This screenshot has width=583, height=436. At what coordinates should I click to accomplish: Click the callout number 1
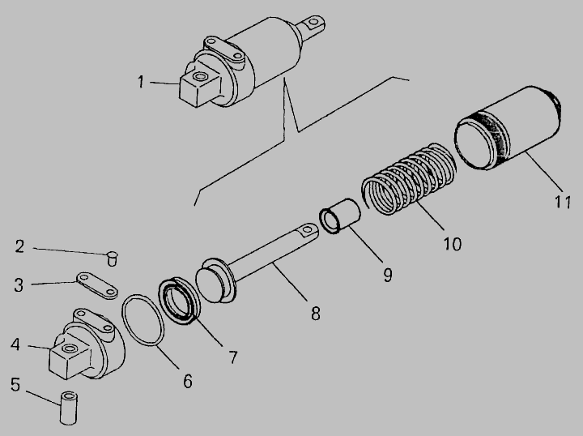pyautogui.click(x=141, y=82)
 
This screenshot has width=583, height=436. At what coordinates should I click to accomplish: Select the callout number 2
pyautogui.click(x=19, y=246)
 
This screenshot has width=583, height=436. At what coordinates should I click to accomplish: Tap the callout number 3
pyautogui.click(x=19, y=285)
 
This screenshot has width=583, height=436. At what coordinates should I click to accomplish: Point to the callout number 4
pyautogui.click(x=15, y=344)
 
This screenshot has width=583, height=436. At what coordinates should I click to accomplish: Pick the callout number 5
pyautogui.click(x=15, y=384)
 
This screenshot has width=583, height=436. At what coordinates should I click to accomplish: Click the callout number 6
pyautogui.click(x=188, y=382)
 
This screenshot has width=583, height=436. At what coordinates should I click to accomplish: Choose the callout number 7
pyautogui.click(x=232, y=357)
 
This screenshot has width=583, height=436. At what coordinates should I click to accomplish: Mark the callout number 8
pyautogui.click(x=315, y=314)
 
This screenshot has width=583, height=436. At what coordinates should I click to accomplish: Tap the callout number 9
pyautogui.click(x=387, y=276)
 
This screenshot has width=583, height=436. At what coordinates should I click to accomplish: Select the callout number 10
pyautogui.click(x=452, y=244)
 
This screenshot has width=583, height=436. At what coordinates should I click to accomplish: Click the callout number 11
pyautogui.click(x=563, y=202)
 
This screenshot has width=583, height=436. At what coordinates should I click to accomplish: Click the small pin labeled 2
pyautogui.click(x=112, y=259)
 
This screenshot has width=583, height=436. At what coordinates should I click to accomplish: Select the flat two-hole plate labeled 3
pyautogui.click(x=97, y=285)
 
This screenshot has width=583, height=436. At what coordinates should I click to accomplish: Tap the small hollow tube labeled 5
pyautogui.click(x=68, y=408)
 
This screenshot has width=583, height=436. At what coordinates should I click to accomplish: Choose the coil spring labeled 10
pyautogui.click(x=409, y=179)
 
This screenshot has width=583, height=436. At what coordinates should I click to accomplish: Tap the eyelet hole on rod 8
pyautogui.click(x=307, y=229)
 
